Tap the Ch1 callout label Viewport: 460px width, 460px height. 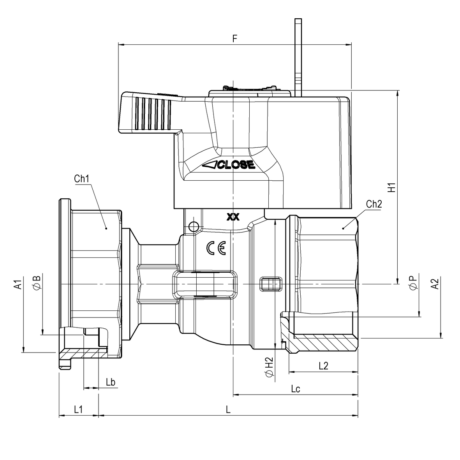82,179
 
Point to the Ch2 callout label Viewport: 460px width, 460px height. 374,204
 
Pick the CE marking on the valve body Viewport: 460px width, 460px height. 216,248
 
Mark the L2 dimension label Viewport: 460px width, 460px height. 323,366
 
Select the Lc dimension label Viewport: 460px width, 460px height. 295,389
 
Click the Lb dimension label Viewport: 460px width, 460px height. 111,382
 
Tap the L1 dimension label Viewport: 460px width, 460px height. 78,409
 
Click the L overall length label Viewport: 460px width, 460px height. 228,409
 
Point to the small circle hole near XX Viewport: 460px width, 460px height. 193,226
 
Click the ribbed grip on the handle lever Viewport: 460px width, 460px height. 154,113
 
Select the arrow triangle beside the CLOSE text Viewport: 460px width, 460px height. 210,165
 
